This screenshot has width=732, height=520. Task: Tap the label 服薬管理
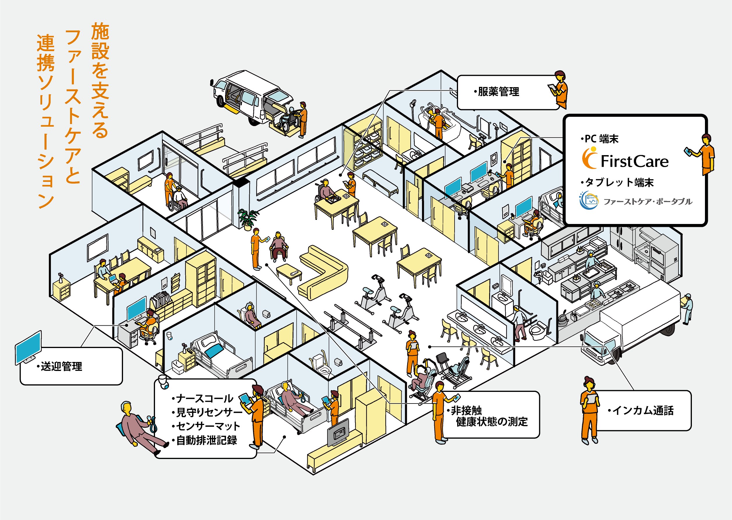(x=498, y=92)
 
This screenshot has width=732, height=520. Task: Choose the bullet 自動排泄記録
(x=206, y=440)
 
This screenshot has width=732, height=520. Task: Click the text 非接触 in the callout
(x=466, y=410)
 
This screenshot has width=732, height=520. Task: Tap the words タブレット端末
(x=619, y=182)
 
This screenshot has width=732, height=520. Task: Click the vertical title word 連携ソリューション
(x=45, y=122)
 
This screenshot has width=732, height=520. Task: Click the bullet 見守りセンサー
(x=208, y=413)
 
